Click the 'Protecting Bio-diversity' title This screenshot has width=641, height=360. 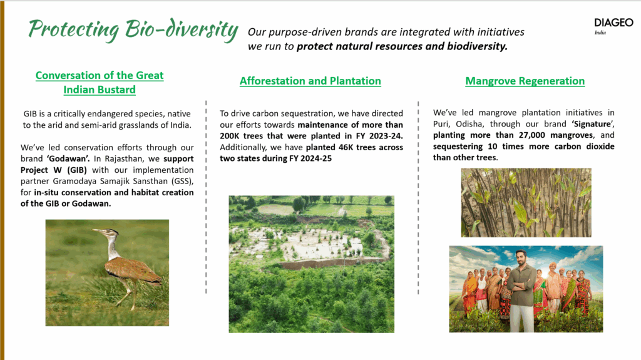pyautogui.click(x=133, y=29)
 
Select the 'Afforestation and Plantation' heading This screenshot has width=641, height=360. pyautogui.click(x=310, y=81)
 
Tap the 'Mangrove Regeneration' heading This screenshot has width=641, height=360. pyautogui.click(x=525, y=81)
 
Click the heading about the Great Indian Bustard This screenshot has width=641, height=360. pyautogui.click(x=100, y=82)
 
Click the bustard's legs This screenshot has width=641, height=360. pyautogui.click(x=128, y=294)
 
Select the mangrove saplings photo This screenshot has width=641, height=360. pyautogui.click(x=526, y=202)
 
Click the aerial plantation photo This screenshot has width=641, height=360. pyautogui.click(x=312, y=264)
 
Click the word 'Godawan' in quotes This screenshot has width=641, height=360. pyautogui.click(x=68, y=159)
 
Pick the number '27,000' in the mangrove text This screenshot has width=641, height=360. pyautogui.click(x=532, y=135)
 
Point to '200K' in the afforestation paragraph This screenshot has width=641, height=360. pyautogui.click(x=230, y=136)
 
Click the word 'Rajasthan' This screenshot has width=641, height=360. pyautogui.click(x=125, y=159)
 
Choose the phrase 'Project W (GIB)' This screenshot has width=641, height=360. pyautogui.click(x=54, y=170)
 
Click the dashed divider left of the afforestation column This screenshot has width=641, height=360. pyautogui.click(x=206, y=197)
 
